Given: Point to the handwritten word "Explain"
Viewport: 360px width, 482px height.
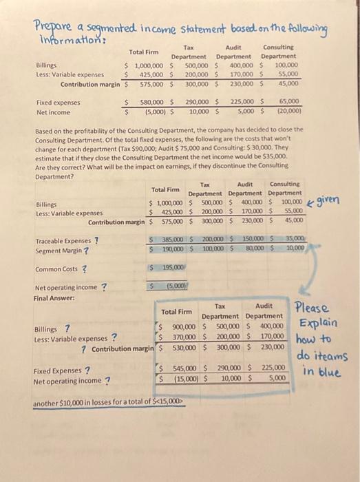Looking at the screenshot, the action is tap(317, 323).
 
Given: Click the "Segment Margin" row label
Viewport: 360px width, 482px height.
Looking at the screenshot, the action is tap(58, 249).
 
